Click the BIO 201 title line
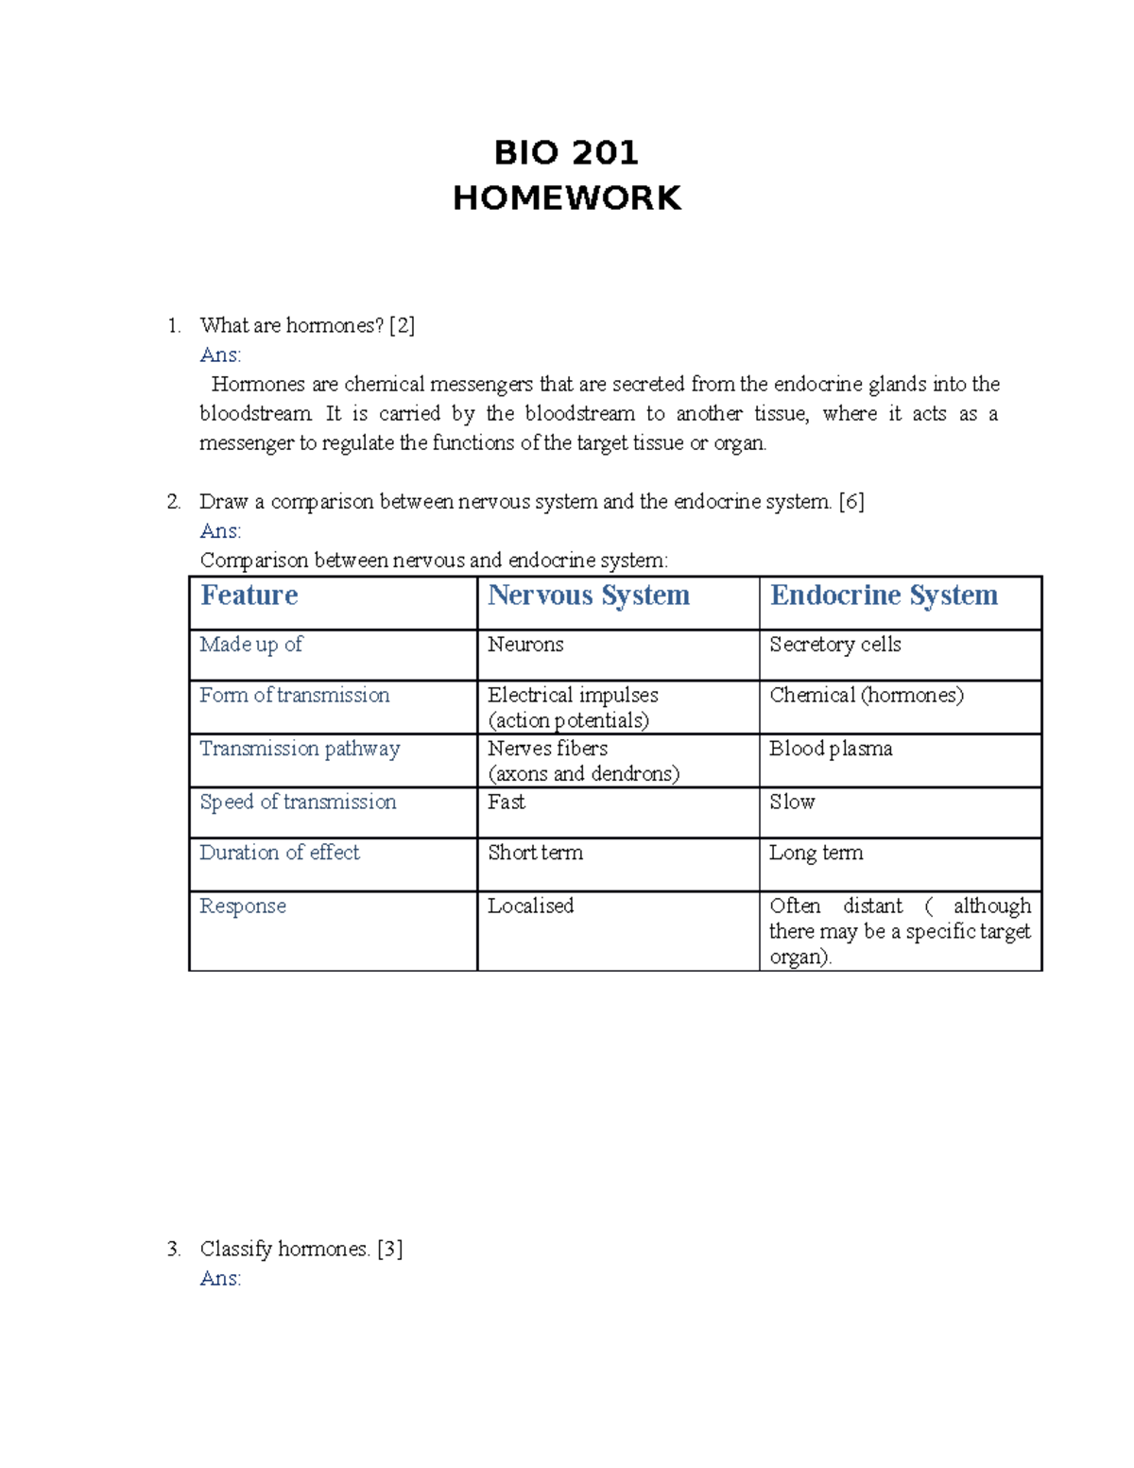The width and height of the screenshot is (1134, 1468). [x=566, y=152]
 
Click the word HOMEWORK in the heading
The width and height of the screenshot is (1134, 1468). [x=566, y=199]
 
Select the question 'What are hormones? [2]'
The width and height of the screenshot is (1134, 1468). [x=307, y=326]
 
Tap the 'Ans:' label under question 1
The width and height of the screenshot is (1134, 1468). [x=220, y=355]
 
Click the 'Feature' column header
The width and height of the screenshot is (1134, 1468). [x=249, y=596]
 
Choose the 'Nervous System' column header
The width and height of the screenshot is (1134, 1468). [x=588, y=596]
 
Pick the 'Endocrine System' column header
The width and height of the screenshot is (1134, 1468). [x=884, y=596]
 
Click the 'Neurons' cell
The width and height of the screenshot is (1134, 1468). [x=525, y=645]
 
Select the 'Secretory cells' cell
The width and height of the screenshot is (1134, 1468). [x=834, y=645]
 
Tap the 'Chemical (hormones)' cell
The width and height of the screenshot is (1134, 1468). [x=867, y=696]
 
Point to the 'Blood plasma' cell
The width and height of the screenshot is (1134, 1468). [x=831, y=749]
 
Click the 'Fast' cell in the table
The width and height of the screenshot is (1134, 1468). [x=507, y=803]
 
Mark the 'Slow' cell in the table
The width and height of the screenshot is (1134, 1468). [x=792, y=803]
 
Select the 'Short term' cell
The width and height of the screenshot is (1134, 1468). [x=535, y=853]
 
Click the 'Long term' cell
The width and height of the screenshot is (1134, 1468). [x=816, y=853]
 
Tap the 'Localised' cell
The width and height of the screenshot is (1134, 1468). [x=530, y=907]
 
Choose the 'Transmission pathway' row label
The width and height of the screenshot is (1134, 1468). [x=300, y=749]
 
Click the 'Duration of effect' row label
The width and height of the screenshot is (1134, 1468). [x=280, y=853]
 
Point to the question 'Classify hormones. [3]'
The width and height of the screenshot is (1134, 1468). [x=301, y=1250]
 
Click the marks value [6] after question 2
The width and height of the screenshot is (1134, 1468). [x=851, y=502]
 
